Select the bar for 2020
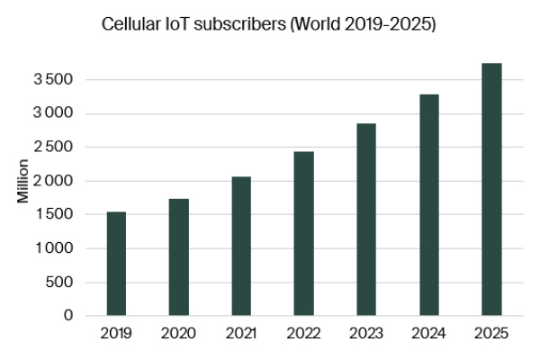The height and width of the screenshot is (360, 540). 178,257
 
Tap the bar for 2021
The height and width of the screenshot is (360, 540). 241,246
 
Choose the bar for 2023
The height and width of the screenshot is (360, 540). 365,220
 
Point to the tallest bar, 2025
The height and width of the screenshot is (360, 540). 490,190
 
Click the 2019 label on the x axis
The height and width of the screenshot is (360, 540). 116,334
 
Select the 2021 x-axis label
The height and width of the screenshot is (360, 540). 241,334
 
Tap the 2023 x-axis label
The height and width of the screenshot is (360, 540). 365,334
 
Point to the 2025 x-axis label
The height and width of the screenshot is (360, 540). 490,334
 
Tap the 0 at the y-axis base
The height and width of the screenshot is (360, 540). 68,316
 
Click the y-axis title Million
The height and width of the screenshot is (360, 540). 22,181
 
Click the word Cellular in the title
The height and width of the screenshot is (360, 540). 133,25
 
